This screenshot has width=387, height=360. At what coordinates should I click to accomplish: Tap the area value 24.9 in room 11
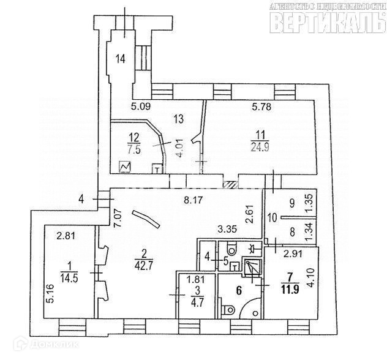(x=260, y=146)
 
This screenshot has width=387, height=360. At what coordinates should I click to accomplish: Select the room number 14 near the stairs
(x=121, y=59)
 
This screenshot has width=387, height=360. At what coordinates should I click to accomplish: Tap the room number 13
(x=179, y=118)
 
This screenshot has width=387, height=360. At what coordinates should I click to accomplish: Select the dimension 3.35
(x=227, y=230)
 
